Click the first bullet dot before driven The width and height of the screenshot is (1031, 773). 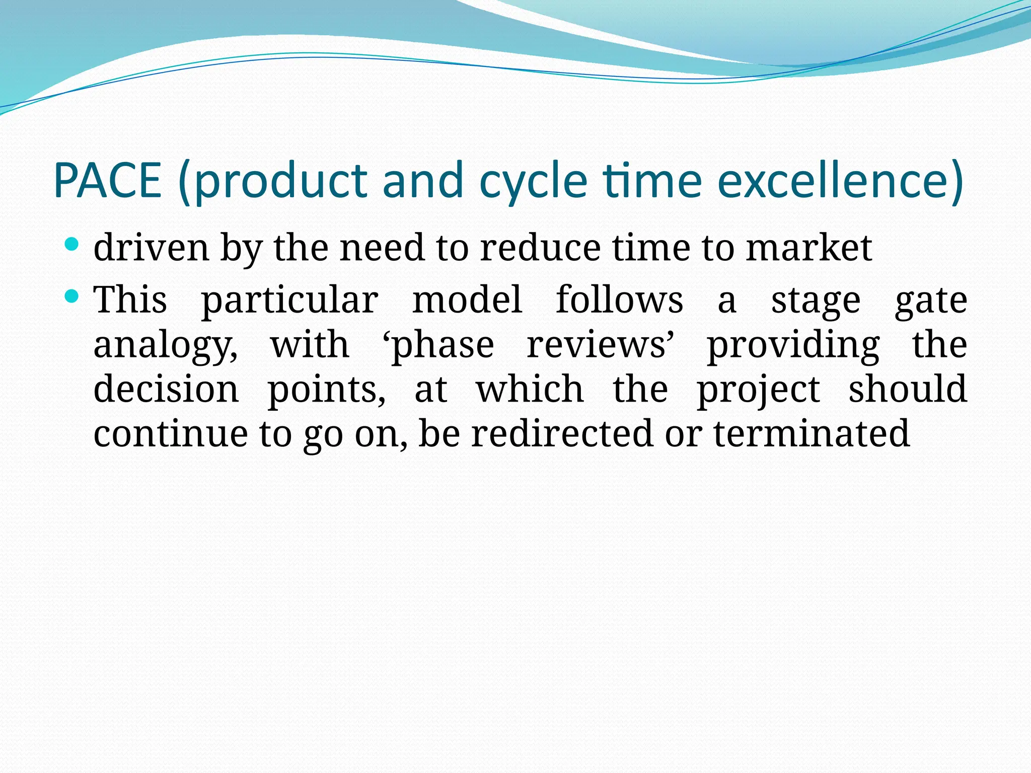pyautogui.click(x=72, y=245)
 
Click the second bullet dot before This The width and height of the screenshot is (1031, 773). pyautogui.click(x=72, y=296)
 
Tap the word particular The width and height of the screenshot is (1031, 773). pyautogui.click(x=289, y=301)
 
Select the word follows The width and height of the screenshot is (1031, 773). pyautogui.click(x=619, y=300)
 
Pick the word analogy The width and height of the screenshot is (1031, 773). pyautogui.click(x=165, y=346)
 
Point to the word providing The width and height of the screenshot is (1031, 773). pyautogui.click(x=793, y=346)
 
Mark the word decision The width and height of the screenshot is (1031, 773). pyautogui.click(x=166, y=390)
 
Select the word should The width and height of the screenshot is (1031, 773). pyautogui.click(x=907, y=390)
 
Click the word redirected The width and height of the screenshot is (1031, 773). pyautogui.click(x=561, y=433)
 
